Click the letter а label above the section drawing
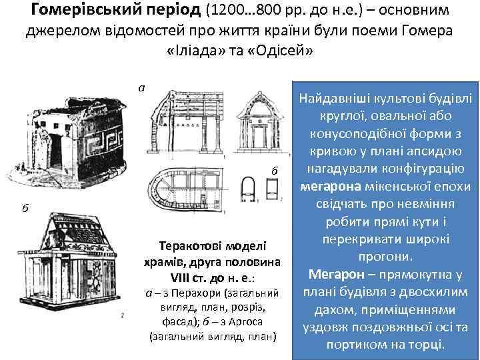coord(141,88)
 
